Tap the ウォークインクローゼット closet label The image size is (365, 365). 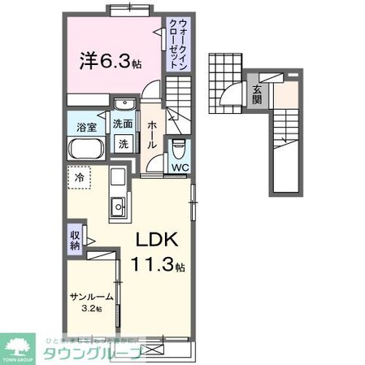click(176, 46)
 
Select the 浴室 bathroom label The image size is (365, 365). click(87, 127)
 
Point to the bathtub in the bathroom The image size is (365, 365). click(85, 150)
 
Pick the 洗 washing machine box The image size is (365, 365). click(124, 143)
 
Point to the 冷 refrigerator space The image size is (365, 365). click(80, 176)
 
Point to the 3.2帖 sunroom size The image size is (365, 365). click(91, 310)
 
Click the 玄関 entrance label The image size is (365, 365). click(256, 94)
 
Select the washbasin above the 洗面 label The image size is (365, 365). click(124, 106)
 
